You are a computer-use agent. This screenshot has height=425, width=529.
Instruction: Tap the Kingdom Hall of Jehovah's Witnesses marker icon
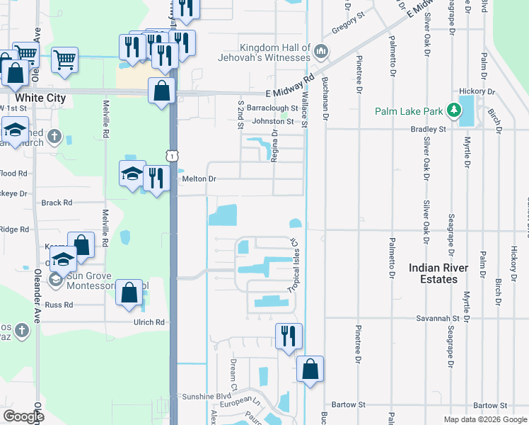[321, 52]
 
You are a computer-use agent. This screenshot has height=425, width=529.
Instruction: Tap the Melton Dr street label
[199, 179]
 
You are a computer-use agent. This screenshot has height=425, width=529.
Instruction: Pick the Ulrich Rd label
[149, 322]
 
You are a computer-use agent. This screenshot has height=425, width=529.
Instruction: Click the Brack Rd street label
[57, 203]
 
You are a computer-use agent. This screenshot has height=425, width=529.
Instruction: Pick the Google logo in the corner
[23, 416]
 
